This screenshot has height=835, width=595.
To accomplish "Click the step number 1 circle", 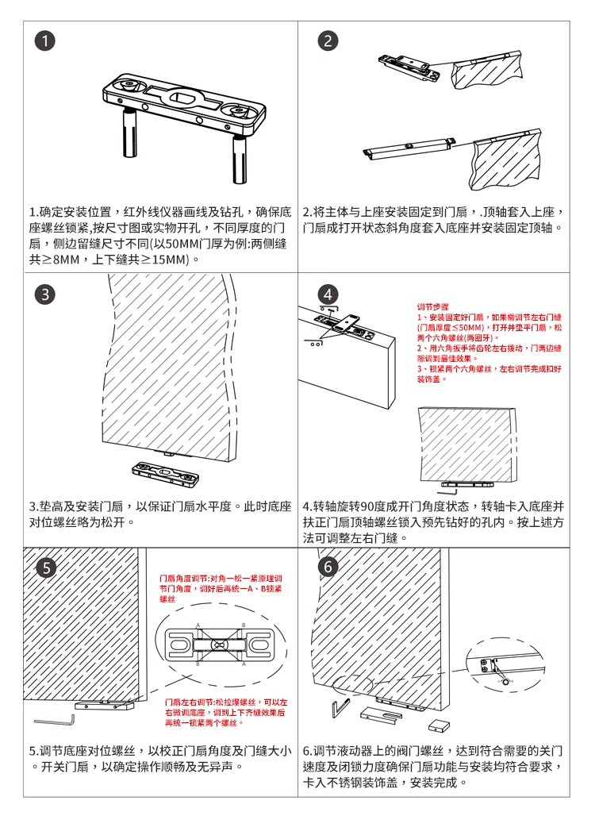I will [x=48, y=42].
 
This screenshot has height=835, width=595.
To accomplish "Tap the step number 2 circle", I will [x=328, y=42].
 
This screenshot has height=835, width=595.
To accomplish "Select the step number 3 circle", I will [x=47, y=294].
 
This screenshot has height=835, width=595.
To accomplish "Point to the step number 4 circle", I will [x=328, y=295].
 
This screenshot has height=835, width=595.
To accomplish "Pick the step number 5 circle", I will [x=47, y=567].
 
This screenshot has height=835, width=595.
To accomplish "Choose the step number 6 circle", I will [x=328, y=567].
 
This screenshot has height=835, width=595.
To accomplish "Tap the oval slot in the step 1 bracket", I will [x=185, y=99].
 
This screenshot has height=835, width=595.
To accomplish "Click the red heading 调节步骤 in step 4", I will [x=433, y=306].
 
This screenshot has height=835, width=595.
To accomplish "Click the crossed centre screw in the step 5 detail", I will [x=219, y=645].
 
